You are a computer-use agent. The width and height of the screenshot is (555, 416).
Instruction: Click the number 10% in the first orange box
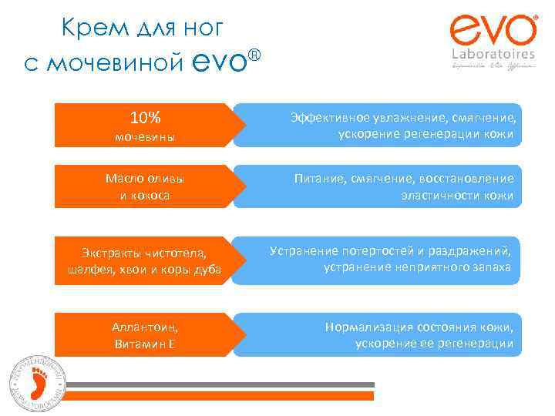pos(145,118)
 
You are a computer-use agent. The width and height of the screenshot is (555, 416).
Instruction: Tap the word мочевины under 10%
pos(145,137)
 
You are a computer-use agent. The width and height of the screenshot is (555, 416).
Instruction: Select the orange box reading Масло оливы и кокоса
pos(145,186)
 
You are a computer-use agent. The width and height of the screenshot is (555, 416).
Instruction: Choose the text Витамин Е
pos(145,343)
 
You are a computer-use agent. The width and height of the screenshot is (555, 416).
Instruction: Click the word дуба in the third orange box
pos(207,269)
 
